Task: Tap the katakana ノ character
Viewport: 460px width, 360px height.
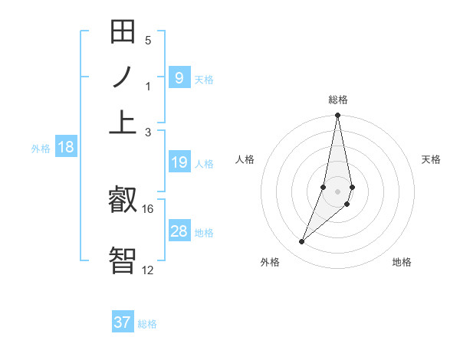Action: (123, 77)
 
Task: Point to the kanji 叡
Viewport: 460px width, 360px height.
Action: (123, 201)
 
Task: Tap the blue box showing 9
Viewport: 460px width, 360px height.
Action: (179, 78)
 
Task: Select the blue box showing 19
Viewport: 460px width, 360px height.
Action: (179, 162)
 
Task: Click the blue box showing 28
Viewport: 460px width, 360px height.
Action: (179, 231)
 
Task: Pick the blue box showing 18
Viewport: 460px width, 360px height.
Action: (66, 148)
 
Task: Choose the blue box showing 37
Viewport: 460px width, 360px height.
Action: (123, 322)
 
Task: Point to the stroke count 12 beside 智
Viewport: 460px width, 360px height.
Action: (148, 270)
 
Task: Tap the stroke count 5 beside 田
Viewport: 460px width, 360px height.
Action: (148, 40)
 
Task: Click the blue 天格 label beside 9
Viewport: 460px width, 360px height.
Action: (204, 79)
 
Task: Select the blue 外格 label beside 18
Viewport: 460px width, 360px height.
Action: (41, 149)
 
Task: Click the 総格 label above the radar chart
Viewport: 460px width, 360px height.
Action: (337, 100)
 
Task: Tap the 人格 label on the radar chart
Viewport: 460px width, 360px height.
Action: (245, 159)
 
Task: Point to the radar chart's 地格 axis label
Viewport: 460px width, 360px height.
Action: (402, 262)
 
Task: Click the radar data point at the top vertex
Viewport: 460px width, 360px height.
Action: (337, 116)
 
